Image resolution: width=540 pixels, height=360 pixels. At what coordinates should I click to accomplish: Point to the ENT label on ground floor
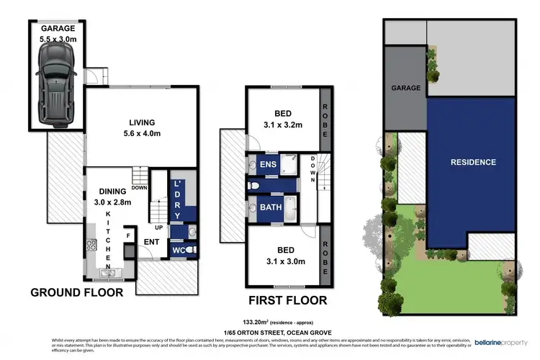point(150,242)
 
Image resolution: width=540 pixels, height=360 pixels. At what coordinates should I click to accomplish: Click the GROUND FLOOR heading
point(76,292)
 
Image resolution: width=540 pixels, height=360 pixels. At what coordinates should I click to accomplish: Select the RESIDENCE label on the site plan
point(473,162)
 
